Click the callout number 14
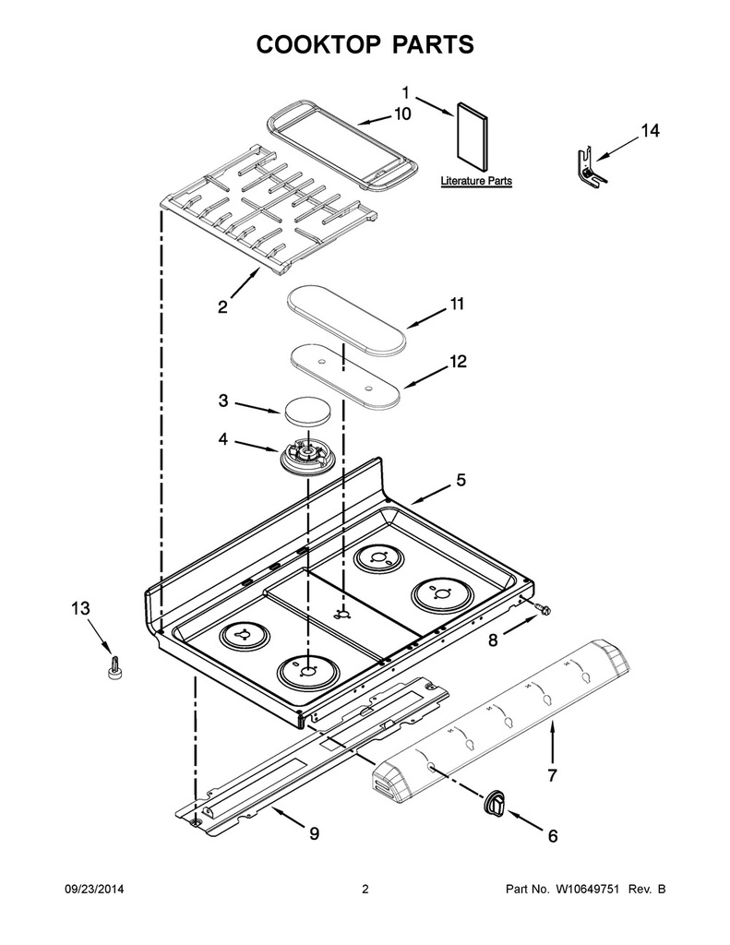pyautogui.click(x=649, y=131)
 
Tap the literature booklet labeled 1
pyautogui.click(x=473, y=137)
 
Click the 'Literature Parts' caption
pyautogui.click(x=476, y=181)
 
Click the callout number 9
pyautogui.click(x=314, y=833)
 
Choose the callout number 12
pyautogui.click(x=458, y=362)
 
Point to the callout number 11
pyautogui.click(x=457, y=304)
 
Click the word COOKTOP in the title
pyautogui.click(x=317, y=44)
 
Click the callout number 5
pyautogui.click(x=461, y=480)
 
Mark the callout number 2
pyautogui.click(x=223, y=307)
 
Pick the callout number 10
pyautogui.click(x=402, y=114)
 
